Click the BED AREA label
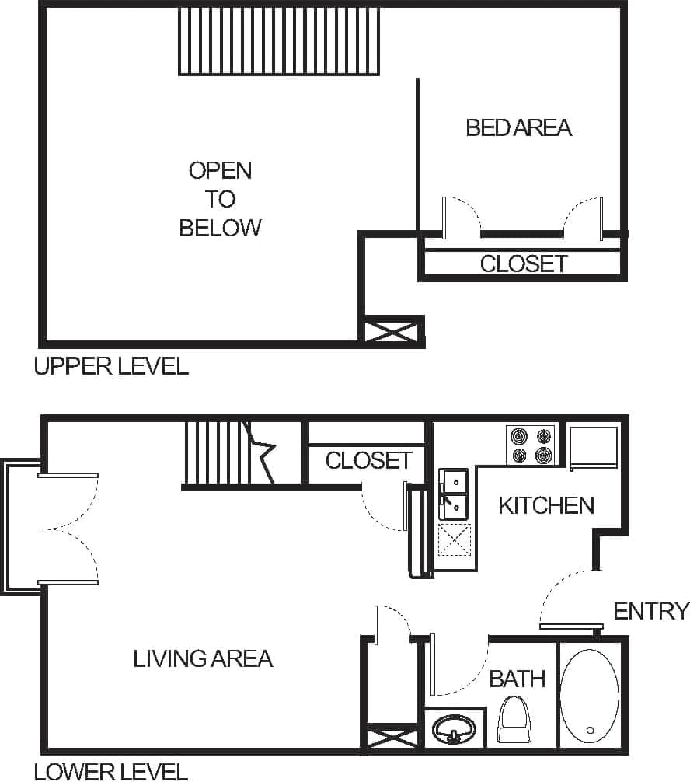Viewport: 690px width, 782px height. [x=518, y=127]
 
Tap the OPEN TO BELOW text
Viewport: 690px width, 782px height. [x=221, y=198]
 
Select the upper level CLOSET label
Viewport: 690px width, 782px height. [x=523, y=264]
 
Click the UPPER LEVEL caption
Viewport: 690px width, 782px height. [x=111, y=366]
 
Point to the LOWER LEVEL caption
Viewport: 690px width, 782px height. [x=111, y=771]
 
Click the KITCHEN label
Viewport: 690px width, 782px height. [x=545, y=505]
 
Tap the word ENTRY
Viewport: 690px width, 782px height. [x=650, y=611]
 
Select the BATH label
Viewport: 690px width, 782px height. [x=517, y=679]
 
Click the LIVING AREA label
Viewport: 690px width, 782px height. [x=203, y=659]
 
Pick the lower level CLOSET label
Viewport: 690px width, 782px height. [x=368, y=460]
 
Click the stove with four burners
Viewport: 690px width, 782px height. [x=531, y=445]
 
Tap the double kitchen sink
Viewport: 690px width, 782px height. [x=453, y=494]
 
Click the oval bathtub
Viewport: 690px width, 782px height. [x=589, y=694]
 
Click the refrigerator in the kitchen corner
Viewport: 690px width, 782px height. [x=594, y=446]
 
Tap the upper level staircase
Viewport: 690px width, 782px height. [x=279, y=40]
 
